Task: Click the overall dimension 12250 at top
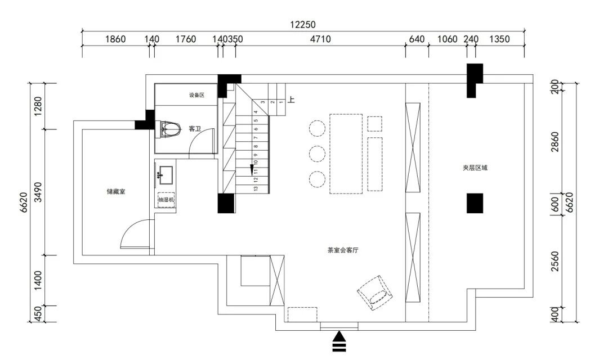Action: (x=303, y=24)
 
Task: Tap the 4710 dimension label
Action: (x=320, y=39)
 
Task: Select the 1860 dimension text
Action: (x=115, y=39)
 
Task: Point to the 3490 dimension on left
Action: (x=38, y=191)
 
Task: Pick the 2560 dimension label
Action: (x=555, y=261)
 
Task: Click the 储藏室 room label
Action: (x=115, y=191)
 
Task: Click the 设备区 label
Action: (x=196, y=95)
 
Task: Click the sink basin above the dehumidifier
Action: (x=166, y=175)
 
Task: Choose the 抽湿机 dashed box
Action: (x=167, y=200)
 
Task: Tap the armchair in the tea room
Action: (x=374, y=291)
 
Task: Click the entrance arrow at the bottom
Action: (x=339, y=341)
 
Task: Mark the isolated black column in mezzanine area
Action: (x=475, y=203)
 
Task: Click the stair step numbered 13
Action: (x=256, y=189)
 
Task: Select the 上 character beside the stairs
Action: (x=292, y=101)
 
